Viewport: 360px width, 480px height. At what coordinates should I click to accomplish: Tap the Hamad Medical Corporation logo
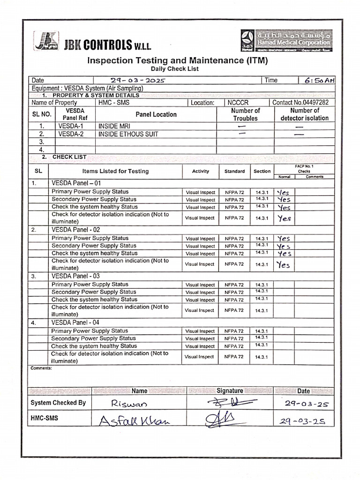point(285,40)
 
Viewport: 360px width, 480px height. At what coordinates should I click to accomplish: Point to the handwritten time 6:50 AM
point(319,80)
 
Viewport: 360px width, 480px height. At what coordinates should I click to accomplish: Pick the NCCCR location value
point(239,102)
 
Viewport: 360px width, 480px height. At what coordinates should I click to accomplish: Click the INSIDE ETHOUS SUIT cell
point(128,134)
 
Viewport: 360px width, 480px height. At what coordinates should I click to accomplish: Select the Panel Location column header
point(156,114)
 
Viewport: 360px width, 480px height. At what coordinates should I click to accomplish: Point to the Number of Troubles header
point(245,114)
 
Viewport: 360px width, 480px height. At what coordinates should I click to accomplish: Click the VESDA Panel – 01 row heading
point(75,183)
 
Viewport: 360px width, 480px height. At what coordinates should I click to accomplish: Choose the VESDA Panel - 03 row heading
point(75,276)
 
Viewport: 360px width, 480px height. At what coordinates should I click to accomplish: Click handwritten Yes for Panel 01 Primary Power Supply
point(284,192)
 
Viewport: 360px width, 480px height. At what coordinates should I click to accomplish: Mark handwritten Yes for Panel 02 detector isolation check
point(283,265)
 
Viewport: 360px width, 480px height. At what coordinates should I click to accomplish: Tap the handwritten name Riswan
point(129,403)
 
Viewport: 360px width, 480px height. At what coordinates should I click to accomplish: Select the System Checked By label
point(58,403)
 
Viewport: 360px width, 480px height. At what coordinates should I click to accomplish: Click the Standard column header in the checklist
point(234,171)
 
